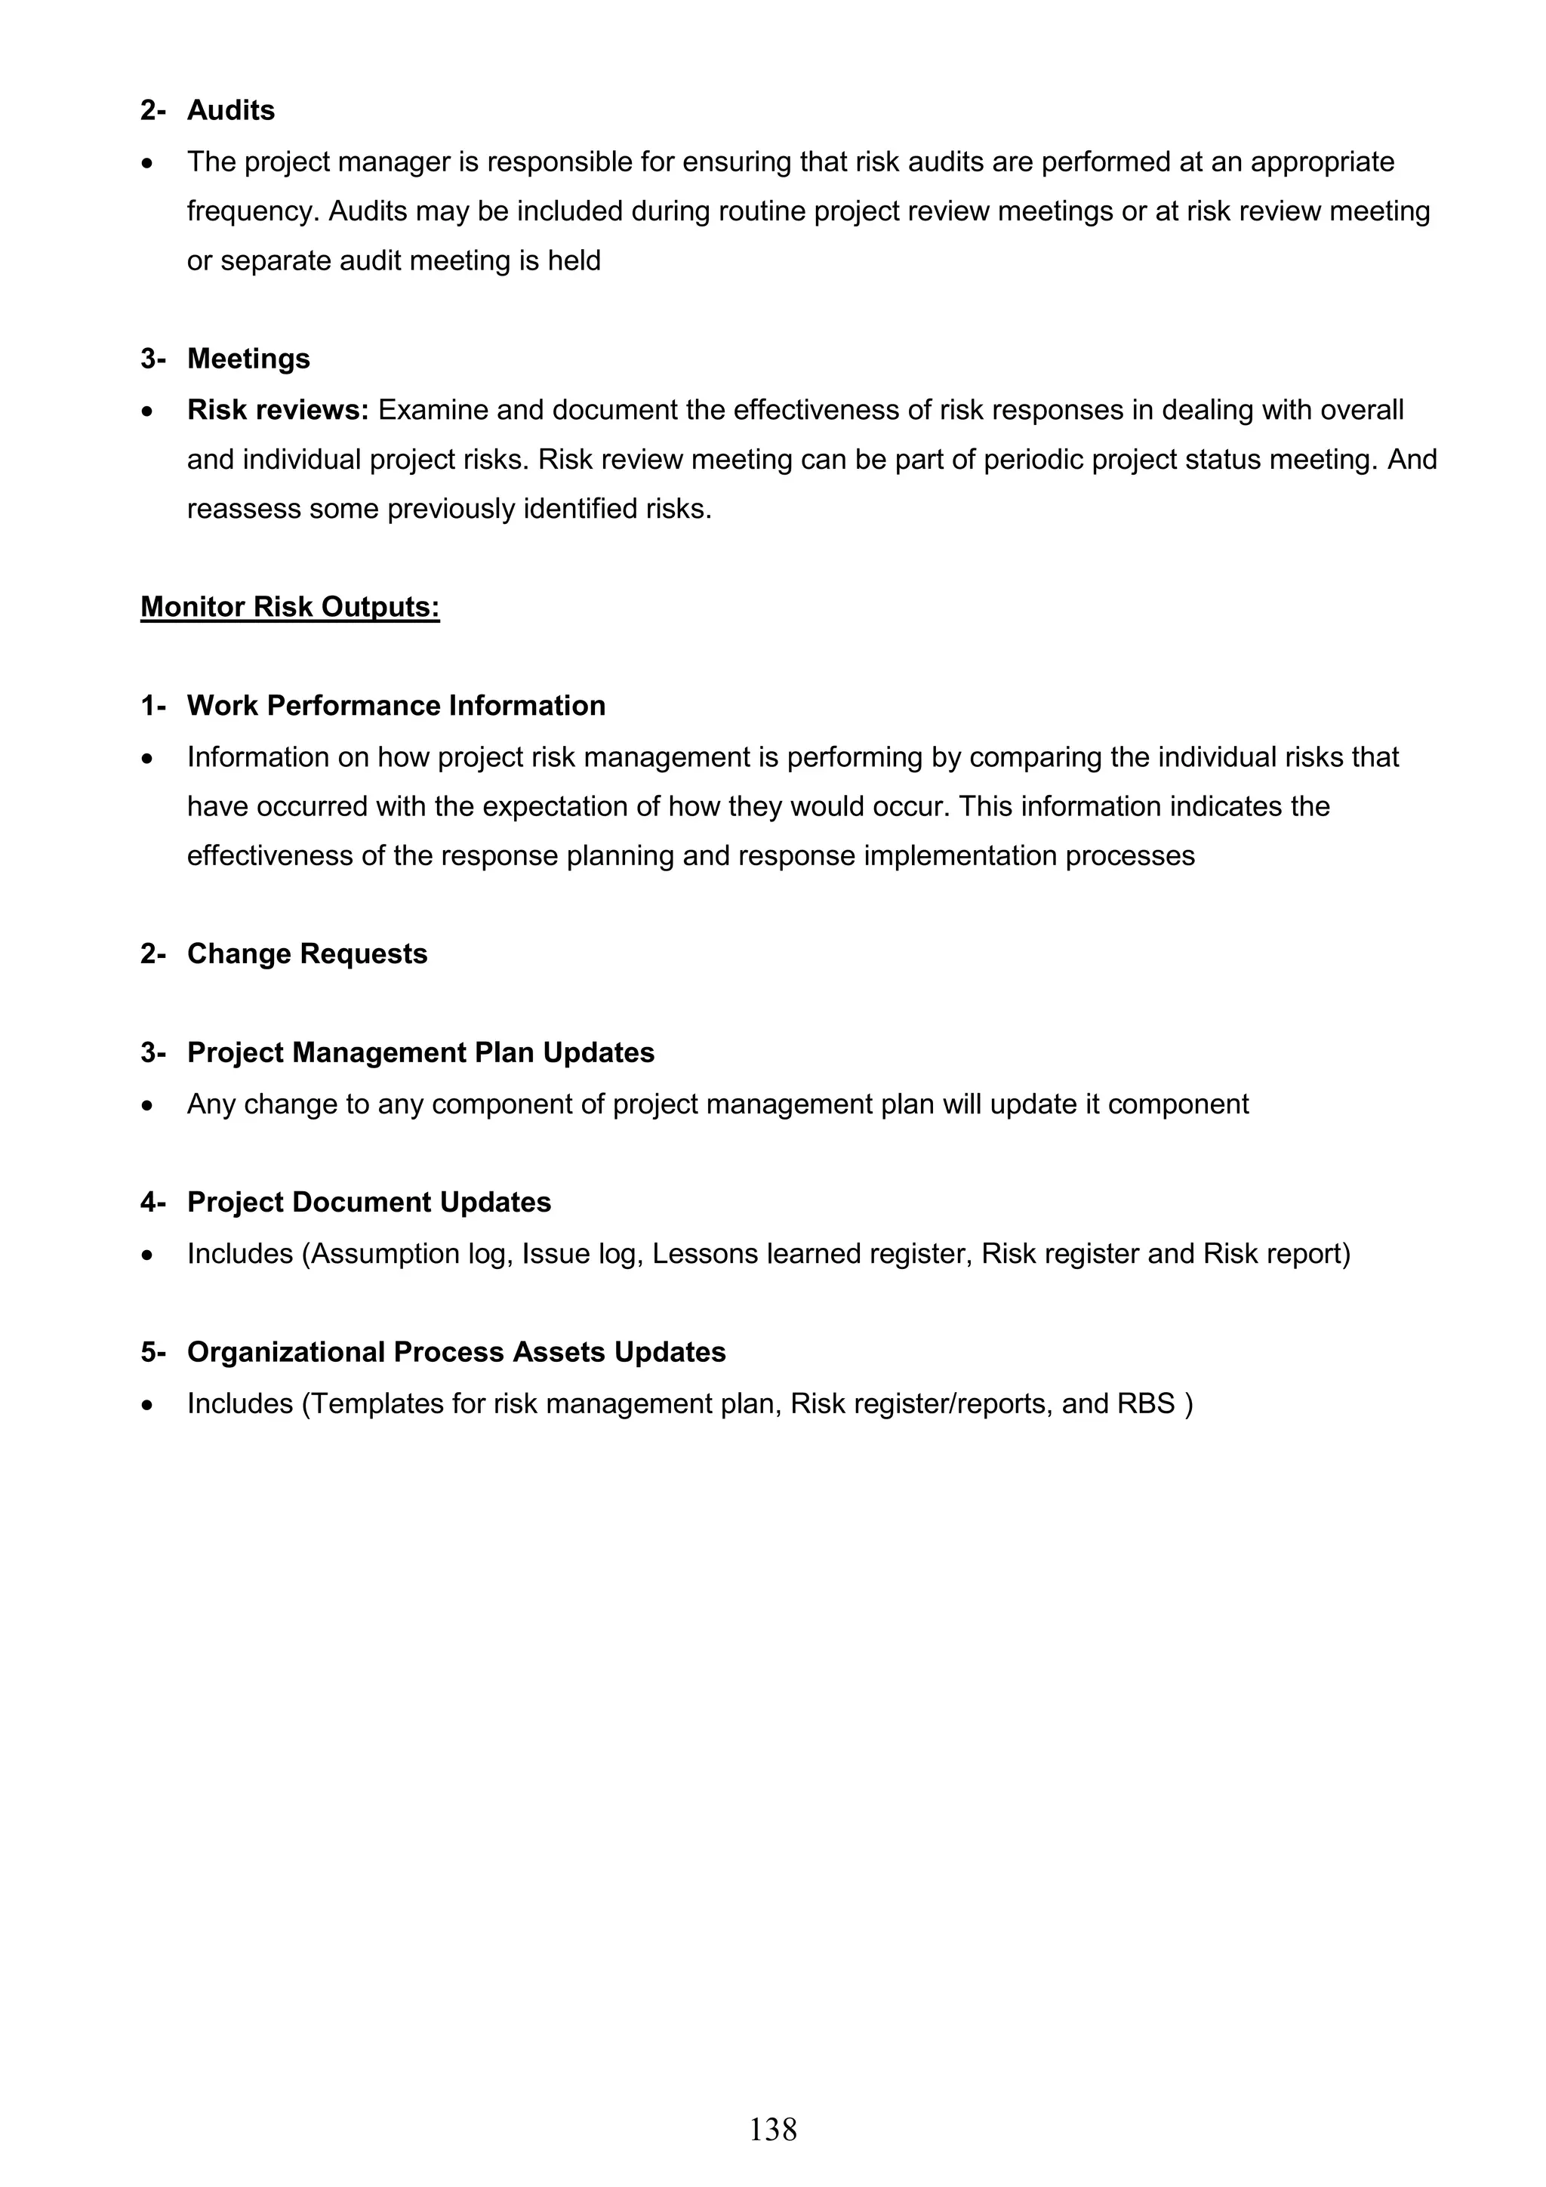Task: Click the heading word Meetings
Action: click(248, 359)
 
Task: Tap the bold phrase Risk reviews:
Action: click(277, 411)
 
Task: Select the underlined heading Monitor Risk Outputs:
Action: click(290, 607)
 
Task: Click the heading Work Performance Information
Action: click(396, 706)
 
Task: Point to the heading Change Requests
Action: click(306, 954)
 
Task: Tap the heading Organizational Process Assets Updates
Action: click(456, 1353)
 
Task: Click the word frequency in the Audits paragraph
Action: click(250, 211)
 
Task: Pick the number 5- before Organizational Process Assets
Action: click(152, 1353)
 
